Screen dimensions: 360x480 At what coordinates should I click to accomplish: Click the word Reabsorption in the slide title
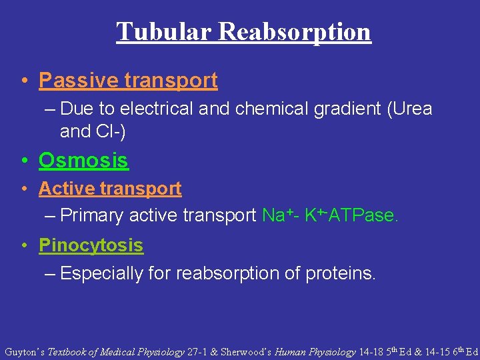(293, 31)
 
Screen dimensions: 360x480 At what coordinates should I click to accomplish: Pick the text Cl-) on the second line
(109, 131)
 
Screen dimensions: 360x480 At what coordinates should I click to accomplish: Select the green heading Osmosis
(83, 161)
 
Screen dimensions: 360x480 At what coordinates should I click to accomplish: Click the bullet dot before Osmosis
(24, 161)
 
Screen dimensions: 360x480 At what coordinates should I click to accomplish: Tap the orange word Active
(66, 189)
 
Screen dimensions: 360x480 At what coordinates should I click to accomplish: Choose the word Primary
(92, 215)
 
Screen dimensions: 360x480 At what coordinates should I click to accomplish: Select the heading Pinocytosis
(91, 245)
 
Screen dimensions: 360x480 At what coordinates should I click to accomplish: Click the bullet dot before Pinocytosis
(24, 246)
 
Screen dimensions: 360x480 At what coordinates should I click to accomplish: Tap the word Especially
(102, 273)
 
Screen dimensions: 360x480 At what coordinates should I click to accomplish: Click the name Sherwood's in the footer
(247, 351)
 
